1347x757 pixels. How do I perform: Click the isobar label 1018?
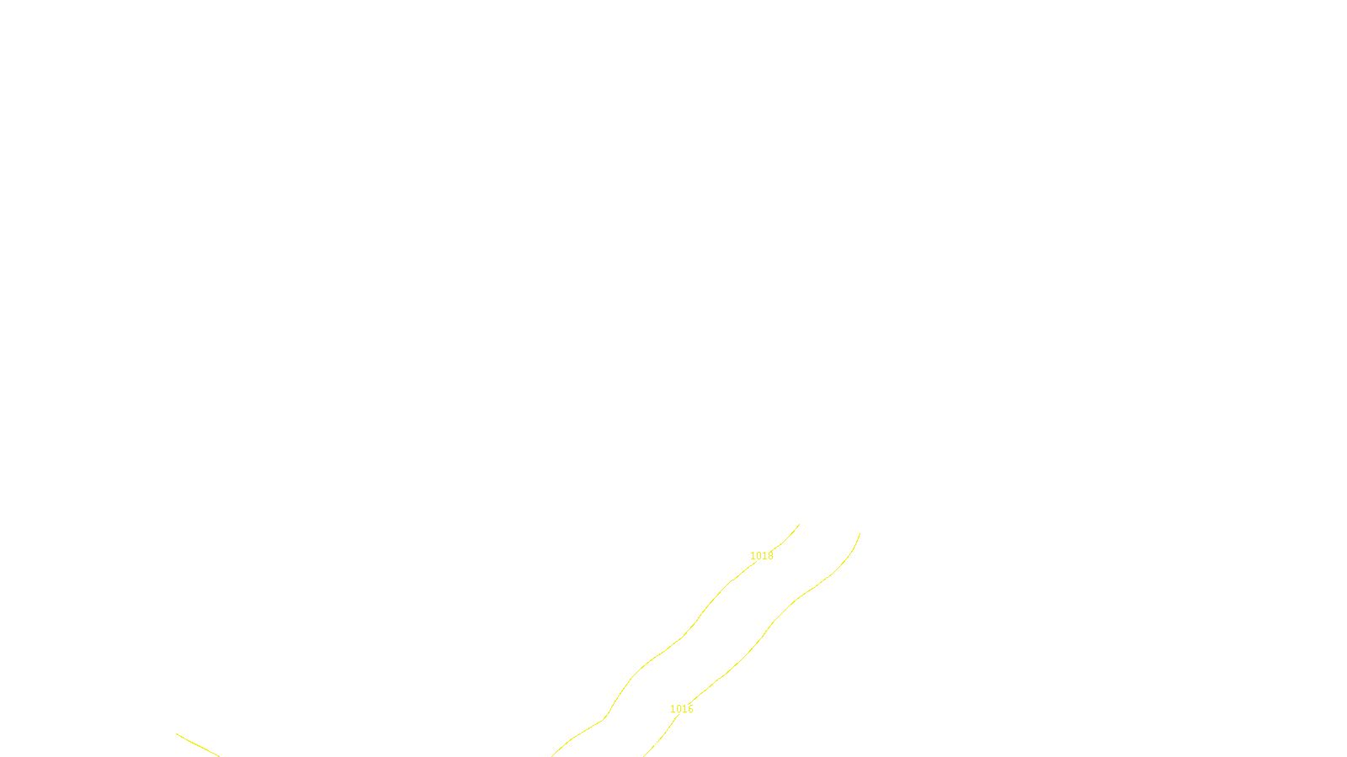point(761,556)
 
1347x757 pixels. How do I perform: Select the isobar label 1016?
point(681,709)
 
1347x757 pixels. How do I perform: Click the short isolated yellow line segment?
point(198,745)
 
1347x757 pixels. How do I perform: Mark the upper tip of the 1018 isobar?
point(798,525)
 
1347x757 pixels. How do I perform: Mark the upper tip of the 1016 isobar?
point(860,534)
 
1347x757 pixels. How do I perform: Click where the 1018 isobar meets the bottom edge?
point(553,755)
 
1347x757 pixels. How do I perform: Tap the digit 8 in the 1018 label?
point(770,556)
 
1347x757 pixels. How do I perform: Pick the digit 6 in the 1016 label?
point(690,709)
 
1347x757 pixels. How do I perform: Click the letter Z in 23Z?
point(645,743)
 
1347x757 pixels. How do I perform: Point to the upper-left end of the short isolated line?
point(178,734)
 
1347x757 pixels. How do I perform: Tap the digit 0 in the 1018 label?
point(759,556)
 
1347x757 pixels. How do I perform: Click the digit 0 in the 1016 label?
point(679,709)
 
